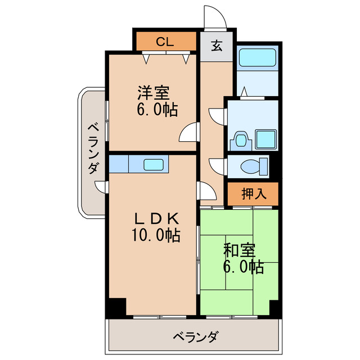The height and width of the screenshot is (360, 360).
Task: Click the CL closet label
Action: tap(165, 41)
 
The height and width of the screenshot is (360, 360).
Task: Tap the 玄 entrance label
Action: tap(217, 47)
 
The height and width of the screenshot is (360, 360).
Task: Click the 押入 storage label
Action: tap(253, 195)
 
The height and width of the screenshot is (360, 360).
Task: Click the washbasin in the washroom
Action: tap(242, 139)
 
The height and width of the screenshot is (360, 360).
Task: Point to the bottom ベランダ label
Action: tap(195, 337)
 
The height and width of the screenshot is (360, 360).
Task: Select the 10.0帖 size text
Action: tap(156, 236)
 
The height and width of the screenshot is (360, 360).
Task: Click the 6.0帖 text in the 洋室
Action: tap(157, 109)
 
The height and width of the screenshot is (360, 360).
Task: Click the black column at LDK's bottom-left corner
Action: tap(116, 307)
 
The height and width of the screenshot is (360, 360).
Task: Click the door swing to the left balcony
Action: tap(101, 187)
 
